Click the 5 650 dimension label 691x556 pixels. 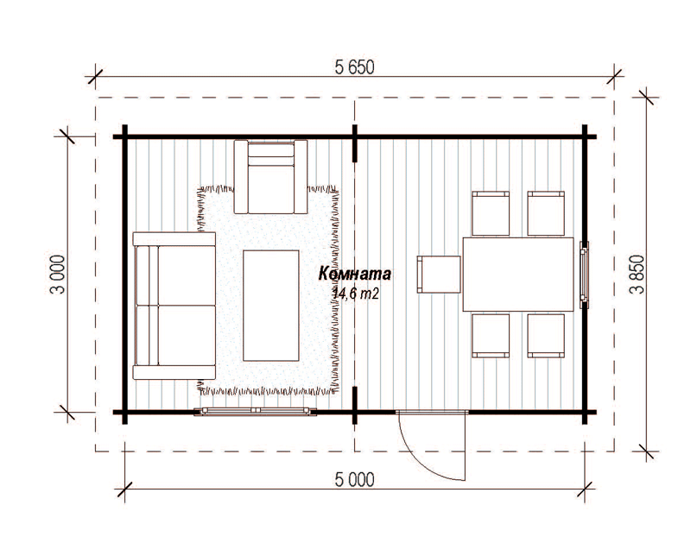[x=354, y=67]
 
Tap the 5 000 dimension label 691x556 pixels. [x=354, y=480]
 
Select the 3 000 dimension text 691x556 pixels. [x=58, y=274]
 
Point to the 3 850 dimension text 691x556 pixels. [x=637, y=274]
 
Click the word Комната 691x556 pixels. [x=354, y=274]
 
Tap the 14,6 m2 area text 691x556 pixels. [x=356, y=294]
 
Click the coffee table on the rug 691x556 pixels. [x=271, y=306]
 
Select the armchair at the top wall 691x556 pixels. [x=270, y=177]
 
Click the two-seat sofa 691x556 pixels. [x=174, y=306]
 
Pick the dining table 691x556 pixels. [x=518, y=274]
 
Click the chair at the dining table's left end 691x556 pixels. [x=439, y=274]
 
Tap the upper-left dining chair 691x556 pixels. [x=491, y=213]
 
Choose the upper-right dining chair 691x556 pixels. [x=546, y=213]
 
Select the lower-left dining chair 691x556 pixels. [x=491, y=335]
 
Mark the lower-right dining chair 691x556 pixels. [x=546, y=335]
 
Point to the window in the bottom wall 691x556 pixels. [x=256, y=412]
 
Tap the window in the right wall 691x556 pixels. [x=584, y=274]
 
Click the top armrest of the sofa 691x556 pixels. [x=174, y=239]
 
